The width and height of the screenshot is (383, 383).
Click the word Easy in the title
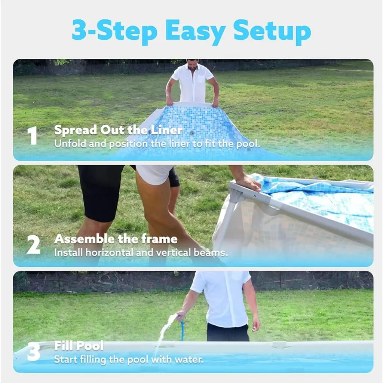click(x=195, y=32)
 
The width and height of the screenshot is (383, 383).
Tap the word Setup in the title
click(x=272, y=32)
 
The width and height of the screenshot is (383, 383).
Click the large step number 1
click(x=32, y=135)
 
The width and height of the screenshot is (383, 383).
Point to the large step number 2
click(x=33, y=244)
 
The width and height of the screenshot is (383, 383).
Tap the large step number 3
click(x=33, y=352)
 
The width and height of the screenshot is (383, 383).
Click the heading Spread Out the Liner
click(x=118, y=130)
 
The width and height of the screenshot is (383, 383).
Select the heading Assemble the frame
click(x=116, y=239)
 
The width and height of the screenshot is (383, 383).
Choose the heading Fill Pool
click(x=79, y=346)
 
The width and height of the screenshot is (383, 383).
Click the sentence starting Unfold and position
click(x=157, y=144)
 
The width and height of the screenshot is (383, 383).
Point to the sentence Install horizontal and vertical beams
click(x=141, y=252)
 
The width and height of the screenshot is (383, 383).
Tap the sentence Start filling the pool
click(x=129, y=359)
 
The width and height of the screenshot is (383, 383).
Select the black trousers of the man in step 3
click(x=228, y=333)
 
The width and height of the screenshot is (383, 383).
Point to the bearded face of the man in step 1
click(x=192, y=65)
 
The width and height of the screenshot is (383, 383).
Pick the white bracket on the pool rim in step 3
click(x=280, y=344)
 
